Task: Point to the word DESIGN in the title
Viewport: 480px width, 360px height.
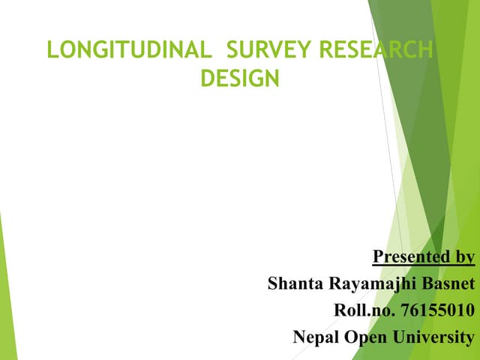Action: (x=240, y=78)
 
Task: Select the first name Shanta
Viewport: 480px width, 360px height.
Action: (x=292, y=284)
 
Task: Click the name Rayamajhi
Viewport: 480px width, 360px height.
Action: (x=367, y=285)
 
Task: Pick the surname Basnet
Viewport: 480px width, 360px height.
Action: (x=447, y=284)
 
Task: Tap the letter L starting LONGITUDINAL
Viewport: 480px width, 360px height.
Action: (x=52, y=51)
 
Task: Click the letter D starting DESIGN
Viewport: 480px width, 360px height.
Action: (x=208, y=78)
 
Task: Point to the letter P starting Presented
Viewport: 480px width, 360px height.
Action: (x=378, y=257)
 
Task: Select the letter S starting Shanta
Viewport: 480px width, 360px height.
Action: (x=273, y=284)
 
